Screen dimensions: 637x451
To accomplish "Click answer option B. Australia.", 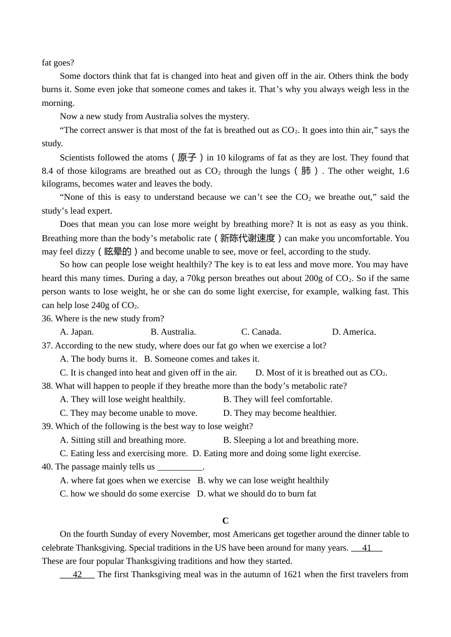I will tap(173, 332).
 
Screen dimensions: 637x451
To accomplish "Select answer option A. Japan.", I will tap(77, 332).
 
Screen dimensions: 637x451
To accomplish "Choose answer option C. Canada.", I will tap(261, 332).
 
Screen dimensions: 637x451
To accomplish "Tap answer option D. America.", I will tap(354, 332).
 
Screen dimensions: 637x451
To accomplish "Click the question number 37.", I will tap(47, 346).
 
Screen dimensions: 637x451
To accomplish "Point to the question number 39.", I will tap(47, 426).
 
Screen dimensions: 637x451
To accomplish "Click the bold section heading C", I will tap(225, 521).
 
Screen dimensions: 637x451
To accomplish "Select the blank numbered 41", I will tap(366, 548).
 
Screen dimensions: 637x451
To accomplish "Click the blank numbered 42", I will tap(77, 574).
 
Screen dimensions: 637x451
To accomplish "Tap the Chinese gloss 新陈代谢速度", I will tap(248, 238).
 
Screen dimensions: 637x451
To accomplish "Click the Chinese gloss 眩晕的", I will tap(118, 252).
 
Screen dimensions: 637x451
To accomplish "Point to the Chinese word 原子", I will tap(187, 158).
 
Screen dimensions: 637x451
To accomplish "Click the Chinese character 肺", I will tap(306, 171).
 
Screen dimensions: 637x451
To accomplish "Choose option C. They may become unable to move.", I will tap(129, 413).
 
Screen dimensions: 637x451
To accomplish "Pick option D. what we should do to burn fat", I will tap(256, 494).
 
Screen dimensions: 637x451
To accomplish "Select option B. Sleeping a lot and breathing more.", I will tap(291, 440).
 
